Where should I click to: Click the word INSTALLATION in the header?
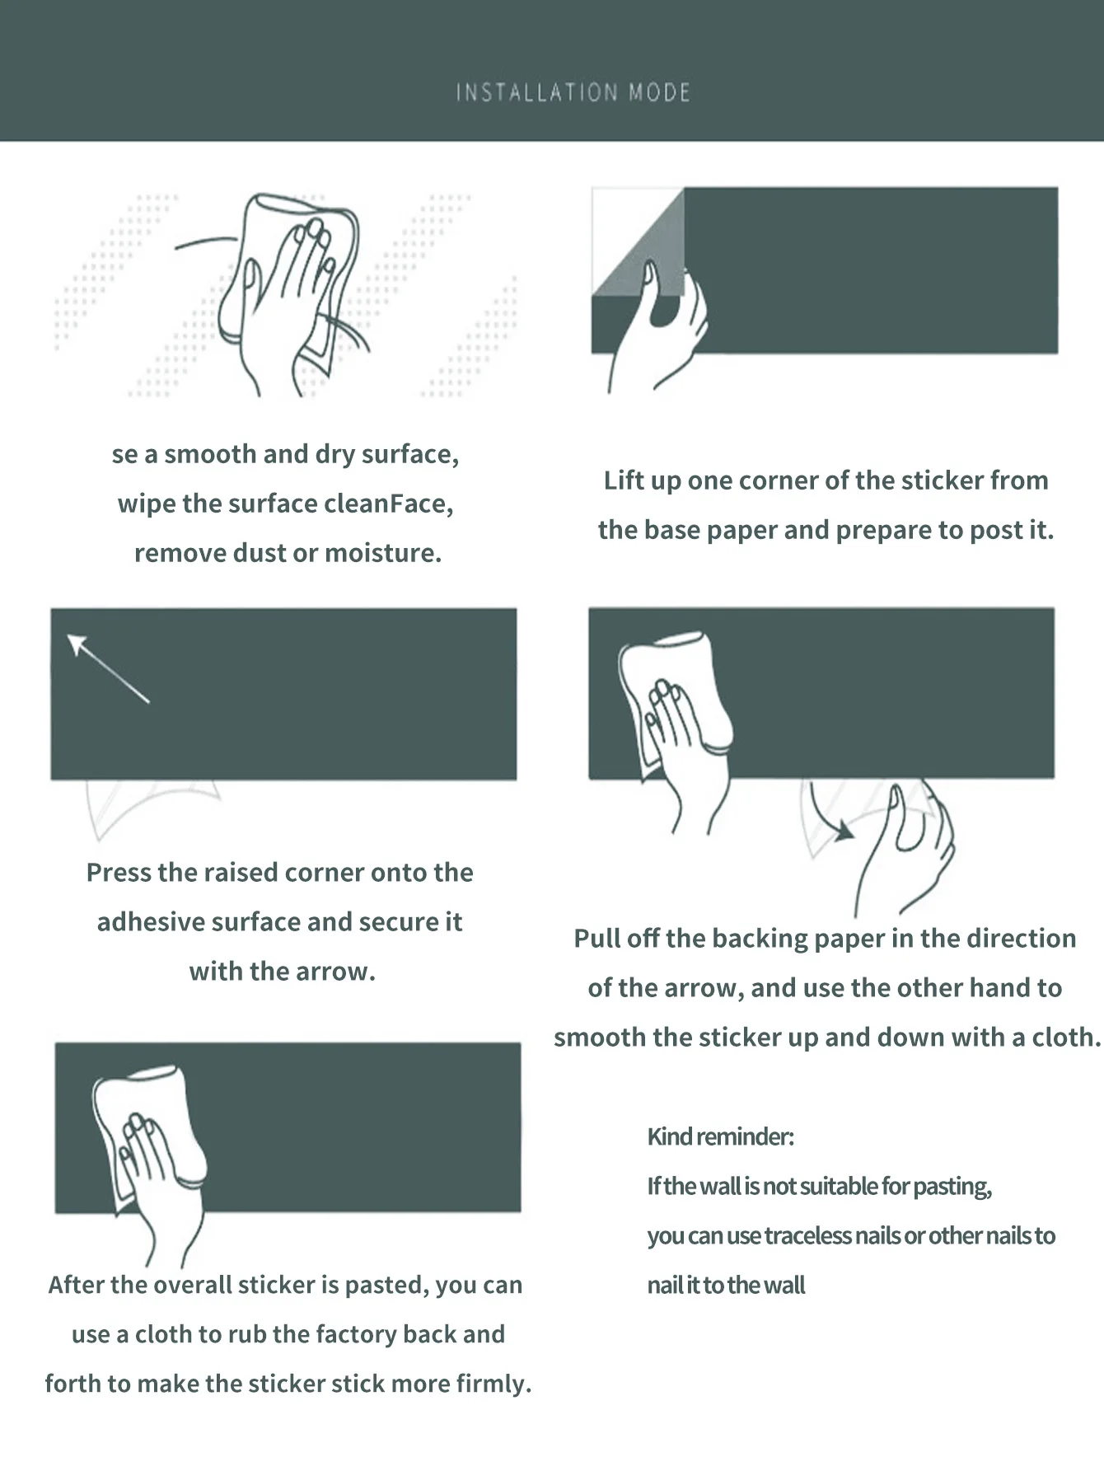click(x=536, y=91)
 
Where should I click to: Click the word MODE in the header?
click(x=659, y=91)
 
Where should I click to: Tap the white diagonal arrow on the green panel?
click(x=108, y=668)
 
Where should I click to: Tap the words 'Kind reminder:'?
click(x=721, y=1136)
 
